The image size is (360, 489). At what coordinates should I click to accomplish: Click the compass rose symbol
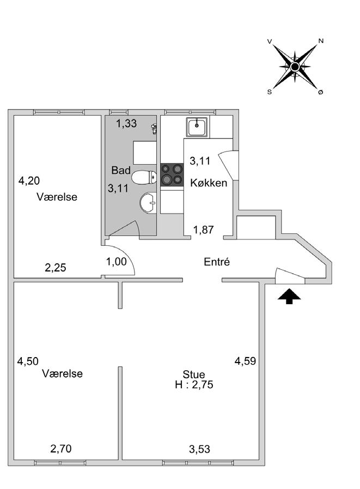[x=295, y=67]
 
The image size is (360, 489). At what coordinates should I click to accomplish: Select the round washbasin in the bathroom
[x=148, y=204]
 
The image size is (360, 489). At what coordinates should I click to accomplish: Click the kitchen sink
[x=196, y=128]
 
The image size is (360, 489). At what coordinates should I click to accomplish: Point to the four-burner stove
[x=172, y=173]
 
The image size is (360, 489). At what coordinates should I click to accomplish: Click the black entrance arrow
[x=289, y=296]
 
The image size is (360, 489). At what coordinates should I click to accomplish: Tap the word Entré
[x=217, y=262]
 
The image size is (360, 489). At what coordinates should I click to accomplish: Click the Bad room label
[x=121, y=171]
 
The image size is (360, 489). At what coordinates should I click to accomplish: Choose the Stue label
[x=194, y=375]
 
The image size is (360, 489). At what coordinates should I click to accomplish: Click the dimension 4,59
[x=245, y=360]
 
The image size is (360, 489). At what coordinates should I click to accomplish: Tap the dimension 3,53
[x=199, y=449]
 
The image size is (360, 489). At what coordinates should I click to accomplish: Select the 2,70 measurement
[x=61, y=449]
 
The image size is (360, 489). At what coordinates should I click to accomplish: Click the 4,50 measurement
[x=28, y=361]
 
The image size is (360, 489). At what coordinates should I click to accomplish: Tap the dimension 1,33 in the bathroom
[x=127, y=124]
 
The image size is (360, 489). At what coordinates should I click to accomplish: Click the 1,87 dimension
[x=204, y=230]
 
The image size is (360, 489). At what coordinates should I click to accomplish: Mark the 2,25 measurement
[x=55, y=267]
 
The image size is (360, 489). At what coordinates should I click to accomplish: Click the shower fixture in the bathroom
[x=155, y=129]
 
